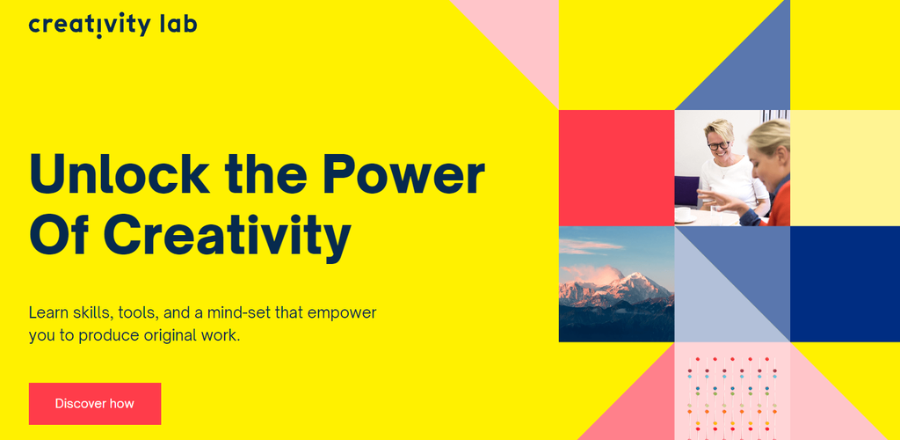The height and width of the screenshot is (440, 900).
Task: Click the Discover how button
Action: pyautogui.click(x=95, y=404)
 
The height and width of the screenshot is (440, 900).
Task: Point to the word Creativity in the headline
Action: pyautogui.click(x=228, y=235)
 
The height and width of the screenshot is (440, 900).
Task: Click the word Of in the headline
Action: pyautogui.click(x=60, y=235)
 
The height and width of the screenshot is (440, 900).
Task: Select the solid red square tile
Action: pyautogui.click(x=616, y=167)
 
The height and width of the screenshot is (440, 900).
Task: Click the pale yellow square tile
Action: pyautogui.click(x=844, y=167)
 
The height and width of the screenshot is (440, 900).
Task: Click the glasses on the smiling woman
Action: pyautogui.click(x=718, y=145)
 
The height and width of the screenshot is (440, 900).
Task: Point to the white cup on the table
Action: pyautogui.click(x=683, y=214)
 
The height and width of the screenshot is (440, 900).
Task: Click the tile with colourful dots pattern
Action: pyautogui.click(x=731, y=392)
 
